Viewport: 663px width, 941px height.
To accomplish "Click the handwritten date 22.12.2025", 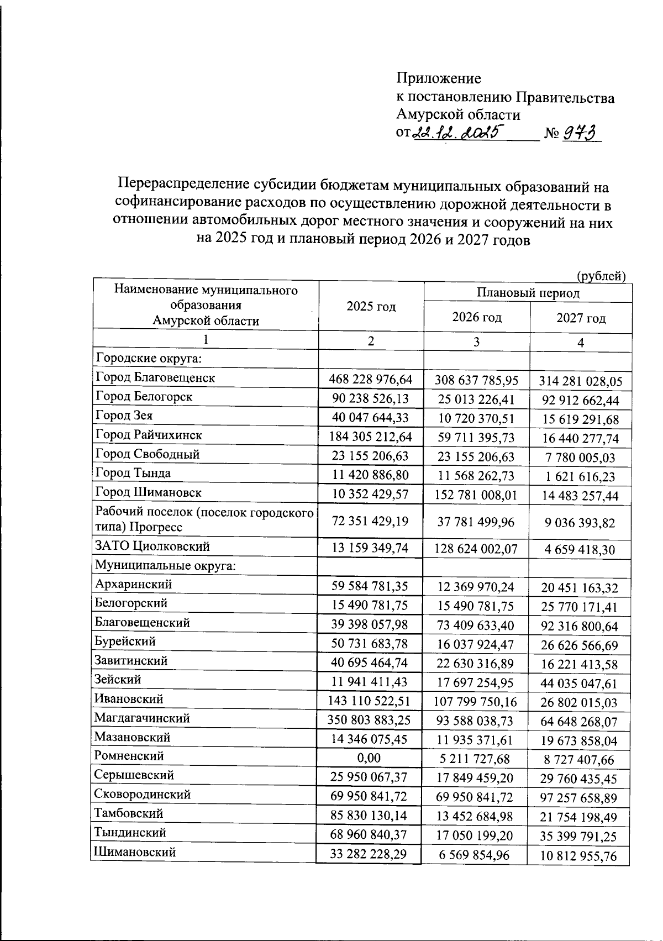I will tap(456, 133).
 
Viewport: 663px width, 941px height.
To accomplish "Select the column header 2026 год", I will tap(477, 318).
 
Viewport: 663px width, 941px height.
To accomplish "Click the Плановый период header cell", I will tap(528, 293).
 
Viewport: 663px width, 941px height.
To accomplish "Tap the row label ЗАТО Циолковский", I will tap(152, 547).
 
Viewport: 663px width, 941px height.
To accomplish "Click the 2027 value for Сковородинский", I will tap(578, 798).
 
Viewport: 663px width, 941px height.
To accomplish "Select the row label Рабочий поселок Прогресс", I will tap(204, 520).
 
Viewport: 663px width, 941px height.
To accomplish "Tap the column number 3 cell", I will tap(476, 342).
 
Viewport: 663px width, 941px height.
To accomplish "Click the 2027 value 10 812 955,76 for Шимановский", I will tap(578, 855).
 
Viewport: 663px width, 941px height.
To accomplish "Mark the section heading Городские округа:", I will tap(148, 359).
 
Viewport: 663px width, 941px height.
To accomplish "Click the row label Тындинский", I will tap(130, 833).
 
